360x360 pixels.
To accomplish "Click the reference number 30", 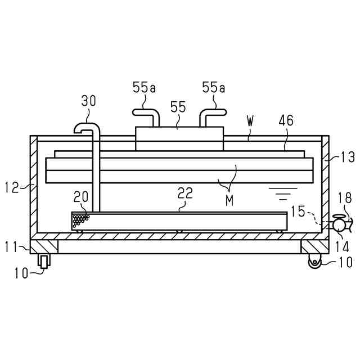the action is (x=88, y=101).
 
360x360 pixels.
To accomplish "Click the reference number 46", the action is (x=287, y=121).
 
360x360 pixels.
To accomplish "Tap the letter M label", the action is (x=229, y=201).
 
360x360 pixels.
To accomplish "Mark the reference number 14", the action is (x=343, y=246).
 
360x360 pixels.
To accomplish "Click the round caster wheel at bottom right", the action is (x=314, y=261).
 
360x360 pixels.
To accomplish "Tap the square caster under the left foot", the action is (x=43, y=261).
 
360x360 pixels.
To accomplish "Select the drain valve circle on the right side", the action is (x=339, y=224).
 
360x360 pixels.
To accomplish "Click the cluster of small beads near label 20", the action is (x=81, y=219).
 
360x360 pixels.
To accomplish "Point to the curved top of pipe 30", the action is (x=85, y=126).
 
